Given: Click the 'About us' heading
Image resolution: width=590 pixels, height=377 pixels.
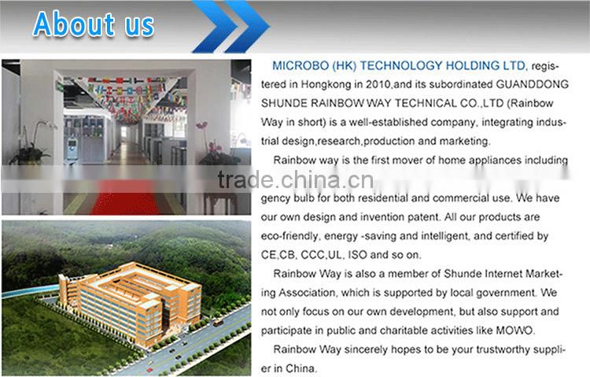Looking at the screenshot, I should click(x=93, y=24).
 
